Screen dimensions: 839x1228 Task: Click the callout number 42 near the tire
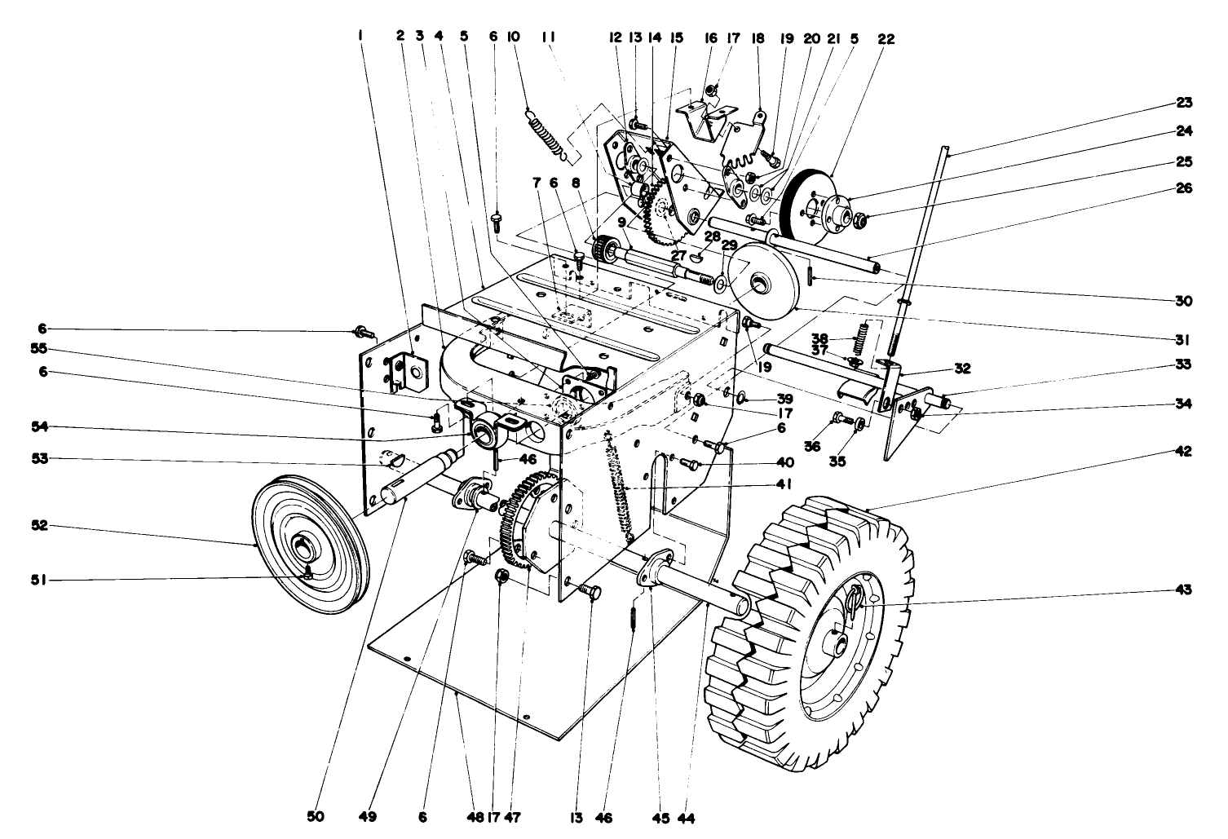click(1182, 451)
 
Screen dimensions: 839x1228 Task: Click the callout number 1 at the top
click(360, 36)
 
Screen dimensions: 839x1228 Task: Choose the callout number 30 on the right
click(1182, 301)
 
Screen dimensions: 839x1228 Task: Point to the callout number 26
click(1182, 188)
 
